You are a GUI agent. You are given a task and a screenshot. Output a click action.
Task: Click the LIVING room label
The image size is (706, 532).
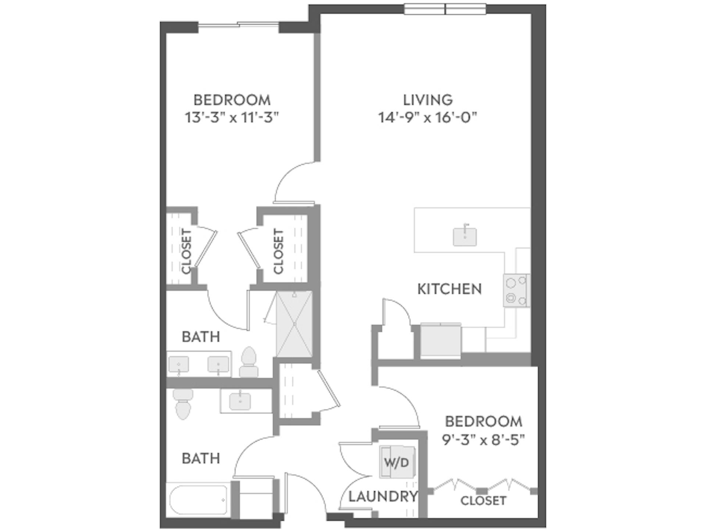(427, 100)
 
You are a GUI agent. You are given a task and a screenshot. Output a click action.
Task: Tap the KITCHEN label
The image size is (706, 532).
(449, 289)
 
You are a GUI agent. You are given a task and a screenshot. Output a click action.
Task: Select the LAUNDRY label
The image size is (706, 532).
(383, 497)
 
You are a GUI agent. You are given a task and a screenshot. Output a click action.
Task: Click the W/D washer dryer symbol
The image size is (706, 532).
(397, 462)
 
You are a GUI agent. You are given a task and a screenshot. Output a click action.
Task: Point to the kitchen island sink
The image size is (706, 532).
(465, 237)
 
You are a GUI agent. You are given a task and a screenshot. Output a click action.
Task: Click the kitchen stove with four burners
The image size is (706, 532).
(516, 290)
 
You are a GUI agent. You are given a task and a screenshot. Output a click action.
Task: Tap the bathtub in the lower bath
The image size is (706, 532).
(199, 500)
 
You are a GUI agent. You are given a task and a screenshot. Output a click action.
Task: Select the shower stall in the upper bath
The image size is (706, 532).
(294, 324)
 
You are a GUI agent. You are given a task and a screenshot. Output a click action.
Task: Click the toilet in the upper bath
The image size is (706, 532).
(249, 362)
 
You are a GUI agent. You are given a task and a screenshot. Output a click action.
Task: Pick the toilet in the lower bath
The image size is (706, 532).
(183, 404)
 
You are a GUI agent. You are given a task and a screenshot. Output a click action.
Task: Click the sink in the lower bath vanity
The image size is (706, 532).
(240, 401)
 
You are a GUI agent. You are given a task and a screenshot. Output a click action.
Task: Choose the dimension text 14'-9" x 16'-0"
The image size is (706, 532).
(427, 118)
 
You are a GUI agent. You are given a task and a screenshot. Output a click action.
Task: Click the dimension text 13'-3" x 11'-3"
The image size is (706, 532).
(232, 118)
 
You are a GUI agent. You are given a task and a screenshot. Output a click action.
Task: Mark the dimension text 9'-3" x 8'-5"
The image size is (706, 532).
(483, 440)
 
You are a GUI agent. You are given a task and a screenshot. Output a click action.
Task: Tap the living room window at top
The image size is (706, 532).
(445, 9)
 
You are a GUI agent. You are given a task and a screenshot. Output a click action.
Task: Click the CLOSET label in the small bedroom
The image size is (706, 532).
(483, 500)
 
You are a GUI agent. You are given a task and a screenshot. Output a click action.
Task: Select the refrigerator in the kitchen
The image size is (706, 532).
(441, 340)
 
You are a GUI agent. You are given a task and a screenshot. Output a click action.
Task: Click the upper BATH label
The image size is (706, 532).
(201, 337)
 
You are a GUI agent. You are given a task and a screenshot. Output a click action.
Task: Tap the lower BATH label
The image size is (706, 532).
(201, 458)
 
